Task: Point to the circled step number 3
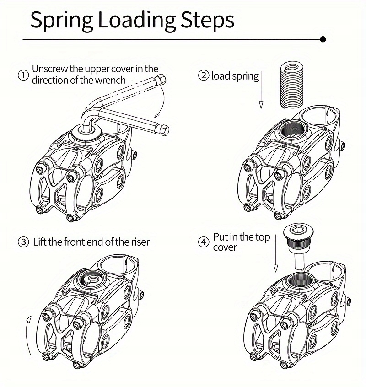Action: [x=23, y=242]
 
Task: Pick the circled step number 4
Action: [x=203, y=242]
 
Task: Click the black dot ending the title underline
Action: [x=323, y=40]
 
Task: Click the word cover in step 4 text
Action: [x=225, y=247]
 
